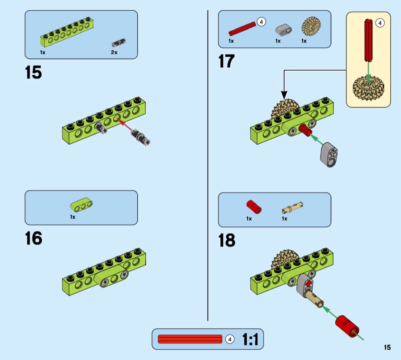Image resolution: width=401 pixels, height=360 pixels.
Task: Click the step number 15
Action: coord(34,73)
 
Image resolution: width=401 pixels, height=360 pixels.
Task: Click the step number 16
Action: coord(34,238)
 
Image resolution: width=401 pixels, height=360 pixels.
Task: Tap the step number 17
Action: coord(226,61)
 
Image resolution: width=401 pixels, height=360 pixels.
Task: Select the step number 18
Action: coord(227,241)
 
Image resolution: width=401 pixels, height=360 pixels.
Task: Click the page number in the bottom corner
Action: coord(387,347)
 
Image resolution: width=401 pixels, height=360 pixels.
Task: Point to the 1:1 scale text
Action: coord(250,339)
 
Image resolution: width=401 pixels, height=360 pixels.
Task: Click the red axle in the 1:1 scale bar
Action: coord(190,339)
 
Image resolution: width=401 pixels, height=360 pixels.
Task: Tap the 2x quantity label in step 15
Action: coord(114,52)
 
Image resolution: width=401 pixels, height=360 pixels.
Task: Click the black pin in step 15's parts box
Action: coord(119,42)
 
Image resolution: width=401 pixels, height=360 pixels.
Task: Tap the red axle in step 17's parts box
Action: coord(242,29)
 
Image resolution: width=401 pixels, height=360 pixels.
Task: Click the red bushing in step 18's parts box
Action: coord(253,206)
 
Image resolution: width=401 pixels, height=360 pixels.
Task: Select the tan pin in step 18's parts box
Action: coord(292,208)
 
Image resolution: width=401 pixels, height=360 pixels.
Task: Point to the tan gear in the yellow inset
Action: coord(368,88)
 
